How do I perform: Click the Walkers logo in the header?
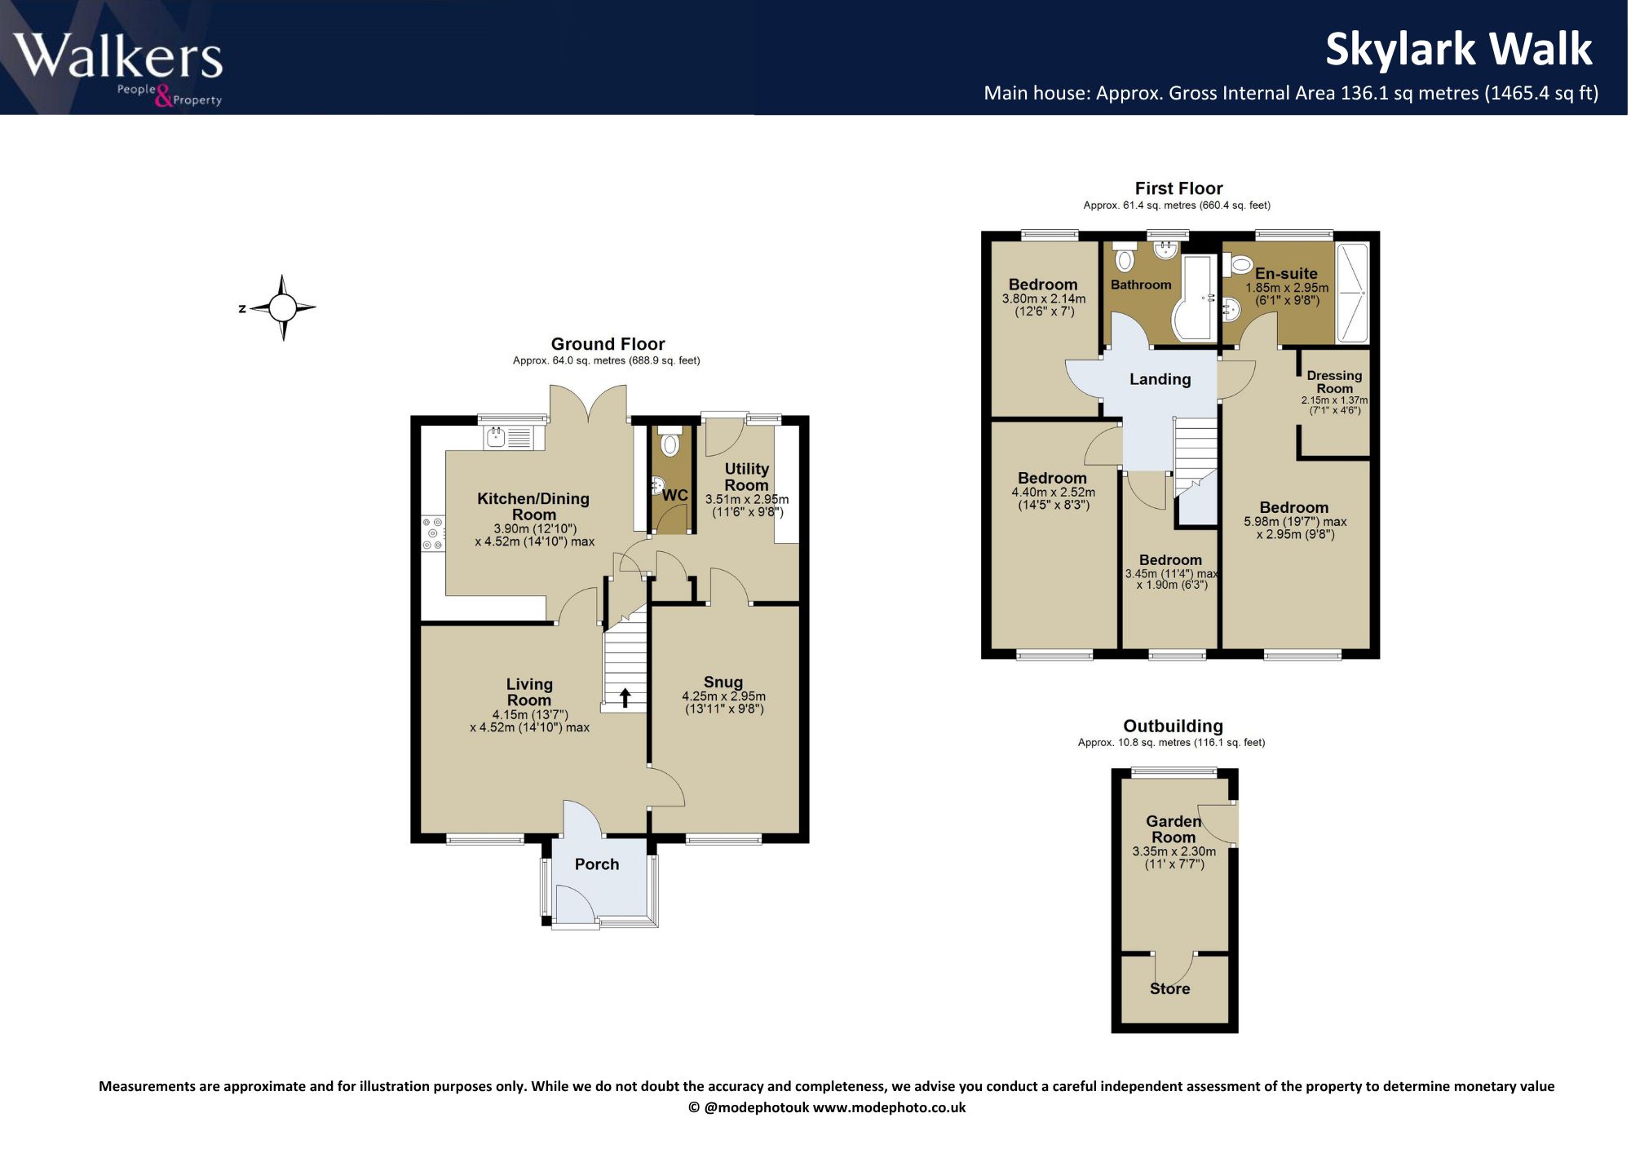click(118, 68)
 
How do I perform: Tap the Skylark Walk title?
click(1458, 49)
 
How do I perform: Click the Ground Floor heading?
click(608, 344)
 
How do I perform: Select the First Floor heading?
click(1178, 188)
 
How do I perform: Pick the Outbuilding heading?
click(1173, 726)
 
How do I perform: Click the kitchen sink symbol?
click(508, 438)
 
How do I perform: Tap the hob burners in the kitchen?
click(433, 533)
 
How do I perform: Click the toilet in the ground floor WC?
click(670, 440)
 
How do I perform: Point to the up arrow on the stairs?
click(625, 697)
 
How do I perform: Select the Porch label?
click(597, 864)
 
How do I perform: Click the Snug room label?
click(723, 682)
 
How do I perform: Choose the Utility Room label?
click(747, 477)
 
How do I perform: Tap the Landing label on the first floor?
click(1160, 379)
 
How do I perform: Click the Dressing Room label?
click(1334, 382)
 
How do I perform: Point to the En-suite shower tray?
click(1351, 293)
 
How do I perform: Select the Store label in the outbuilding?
click(1169, 988)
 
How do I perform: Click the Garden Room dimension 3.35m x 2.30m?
click(1174, 851)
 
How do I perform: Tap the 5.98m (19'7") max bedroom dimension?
click(1295, 522)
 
